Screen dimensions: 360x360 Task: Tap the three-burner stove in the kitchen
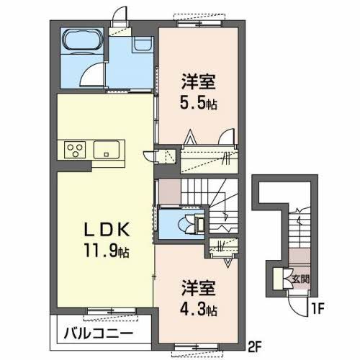[75, 150]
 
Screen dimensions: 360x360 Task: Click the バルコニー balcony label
[96, 334]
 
